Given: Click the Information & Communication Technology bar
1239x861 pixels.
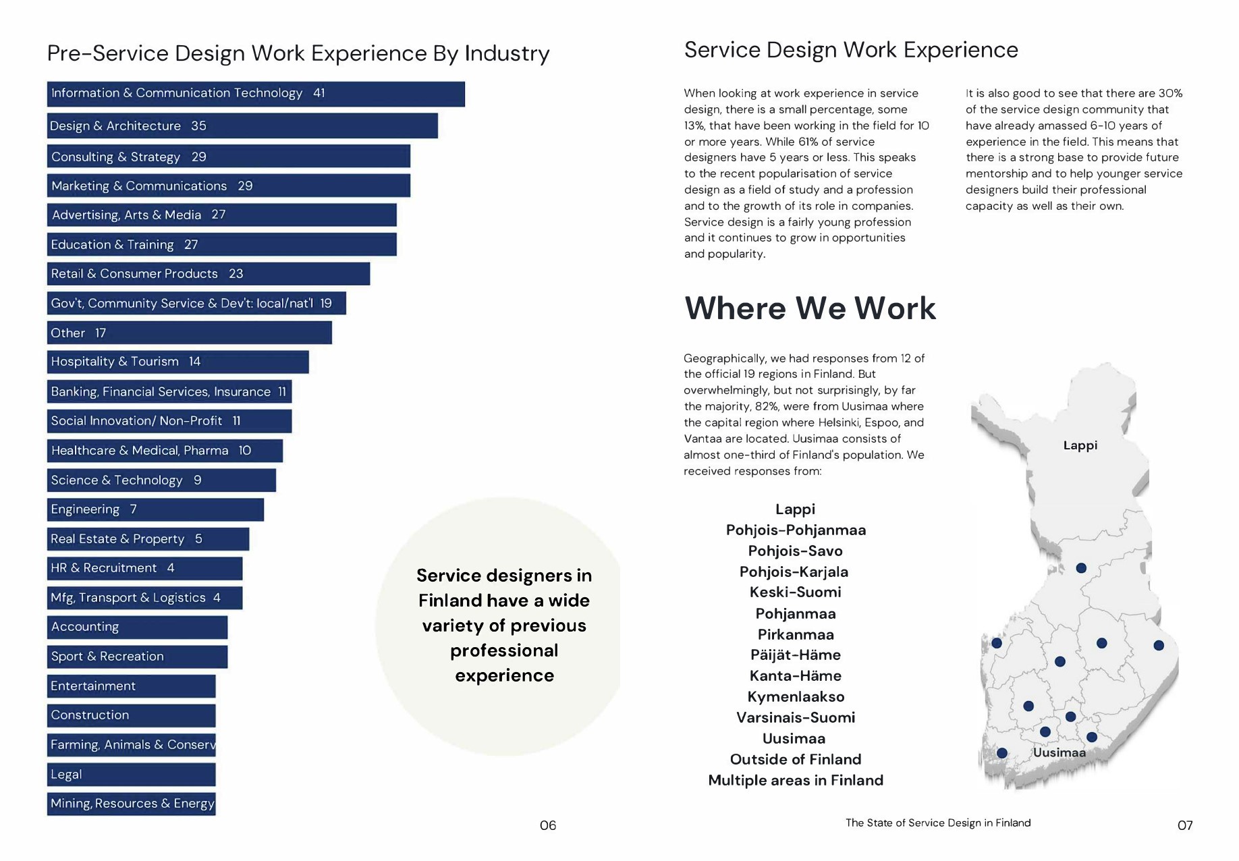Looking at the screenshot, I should tap(255, 94).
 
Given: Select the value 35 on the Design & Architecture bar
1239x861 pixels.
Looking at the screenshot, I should tap(198, 126).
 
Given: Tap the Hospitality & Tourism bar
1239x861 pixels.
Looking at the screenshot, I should tap(177, 362).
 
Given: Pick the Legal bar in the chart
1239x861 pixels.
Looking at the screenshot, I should tap(131, 775).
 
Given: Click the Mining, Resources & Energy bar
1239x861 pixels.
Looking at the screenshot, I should tap(131, 804).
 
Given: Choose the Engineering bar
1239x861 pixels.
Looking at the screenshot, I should tap(155, 509).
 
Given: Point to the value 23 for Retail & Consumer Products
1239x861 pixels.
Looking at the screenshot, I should tap(236, 274).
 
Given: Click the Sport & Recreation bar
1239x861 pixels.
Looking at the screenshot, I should tap(137, 657).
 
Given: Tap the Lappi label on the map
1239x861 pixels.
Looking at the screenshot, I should tap(1080, 445).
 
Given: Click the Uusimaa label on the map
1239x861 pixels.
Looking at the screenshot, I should tap(1059, 753).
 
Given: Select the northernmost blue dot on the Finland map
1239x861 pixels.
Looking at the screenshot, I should tap(1081, 568).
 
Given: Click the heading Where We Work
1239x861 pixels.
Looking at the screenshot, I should tap(810, 308).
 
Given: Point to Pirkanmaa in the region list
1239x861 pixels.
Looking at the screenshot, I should tap(796, 634).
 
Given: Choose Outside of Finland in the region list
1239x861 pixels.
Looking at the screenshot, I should tap(796, 759).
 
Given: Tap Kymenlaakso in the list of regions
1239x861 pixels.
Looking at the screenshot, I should tap(796, 696).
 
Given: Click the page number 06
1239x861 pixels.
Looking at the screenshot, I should tap(548, 825).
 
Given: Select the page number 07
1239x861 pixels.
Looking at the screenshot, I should tap(1184, 825).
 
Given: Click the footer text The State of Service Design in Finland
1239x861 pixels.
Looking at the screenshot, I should tap(937, 823).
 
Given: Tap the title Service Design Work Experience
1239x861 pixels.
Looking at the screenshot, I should tap(851, 50).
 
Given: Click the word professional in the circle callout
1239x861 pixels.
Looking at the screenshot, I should tap(504, 650).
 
